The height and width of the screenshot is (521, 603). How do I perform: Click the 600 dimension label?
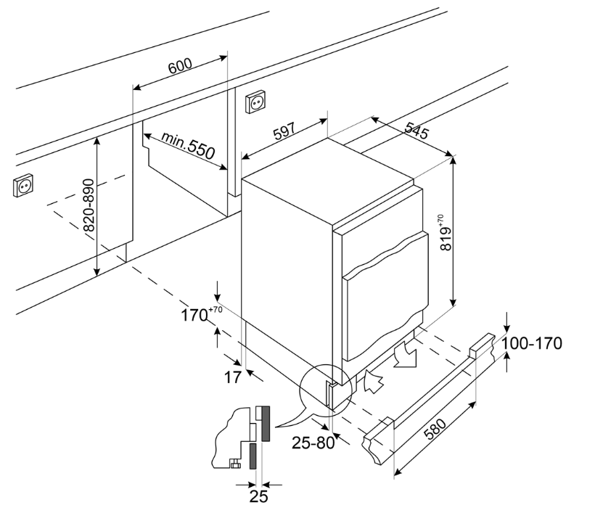(180, 65)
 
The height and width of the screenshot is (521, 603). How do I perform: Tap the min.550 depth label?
(188, 144)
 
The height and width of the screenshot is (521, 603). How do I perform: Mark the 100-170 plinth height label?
(534, 343)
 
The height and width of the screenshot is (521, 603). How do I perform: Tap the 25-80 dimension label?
(315, 442)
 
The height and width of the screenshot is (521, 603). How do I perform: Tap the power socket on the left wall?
(23, 186)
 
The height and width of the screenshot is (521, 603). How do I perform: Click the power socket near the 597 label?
(255, 103)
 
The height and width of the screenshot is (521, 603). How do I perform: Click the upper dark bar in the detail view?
(265, 424)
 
